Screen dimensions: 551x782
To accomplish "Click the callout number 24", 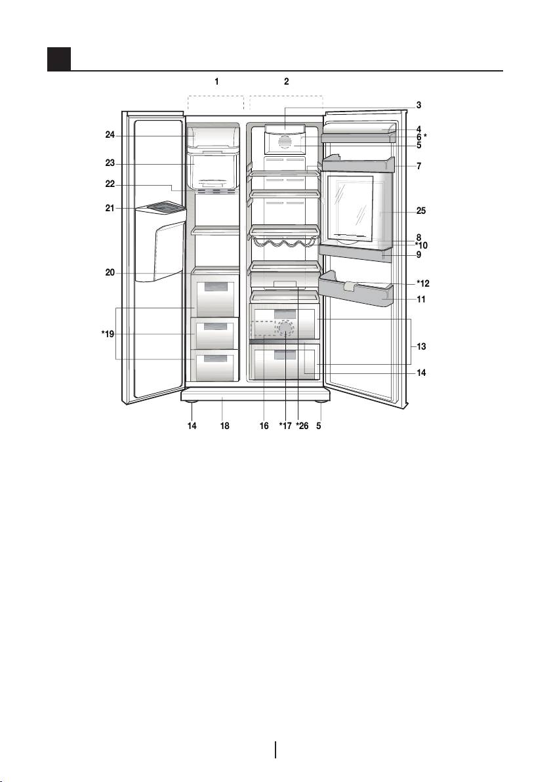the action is [x=110, y=134].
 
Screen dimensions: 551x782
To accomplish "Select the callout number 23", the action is [x=110, y=163].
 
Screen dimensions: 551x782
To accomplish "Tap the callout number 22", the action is [x=110, y=184].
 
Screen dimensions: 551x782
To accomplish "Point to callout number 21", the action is [x=110, y=209].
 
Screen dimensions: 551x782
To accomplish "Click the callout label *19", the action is [x=108, y=334].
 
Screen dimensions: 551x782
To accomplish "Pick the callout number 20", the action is [x=110, y=273].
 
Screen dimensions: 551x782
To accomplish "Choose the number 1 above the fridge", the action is [x=216, y=81].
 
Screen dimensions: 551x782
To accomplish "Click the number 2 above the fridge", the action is [x=286, y=81].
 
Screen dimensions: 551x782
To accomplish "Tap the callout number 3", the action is [x=419, y=105].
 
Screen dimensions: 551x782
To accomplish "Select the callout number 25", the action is [x=421, y=211].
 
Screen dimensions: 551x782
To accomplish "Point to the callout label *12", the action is [x=423, y=284].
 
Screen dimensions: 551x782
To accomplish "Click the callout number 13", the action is [x=421, y=346].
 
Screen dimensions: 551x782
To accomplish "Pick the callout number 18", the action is [x=225, y=426].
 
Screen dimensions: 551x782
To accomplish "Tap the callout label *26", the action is [x=302, y=426].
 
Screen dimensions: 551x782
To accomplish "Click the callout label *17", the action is [x=285, y=426].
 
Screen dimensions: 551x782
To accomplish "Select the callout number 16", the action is [x=264, y=426].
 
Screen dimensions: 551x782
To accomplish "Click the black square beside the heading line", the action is [x=59, y=59].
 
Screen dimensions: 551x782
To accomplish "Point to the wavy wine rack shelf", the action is [x=284, y=245].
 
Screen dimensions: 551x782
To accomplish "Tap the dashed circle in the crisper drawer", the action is [x=285, y=328].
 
